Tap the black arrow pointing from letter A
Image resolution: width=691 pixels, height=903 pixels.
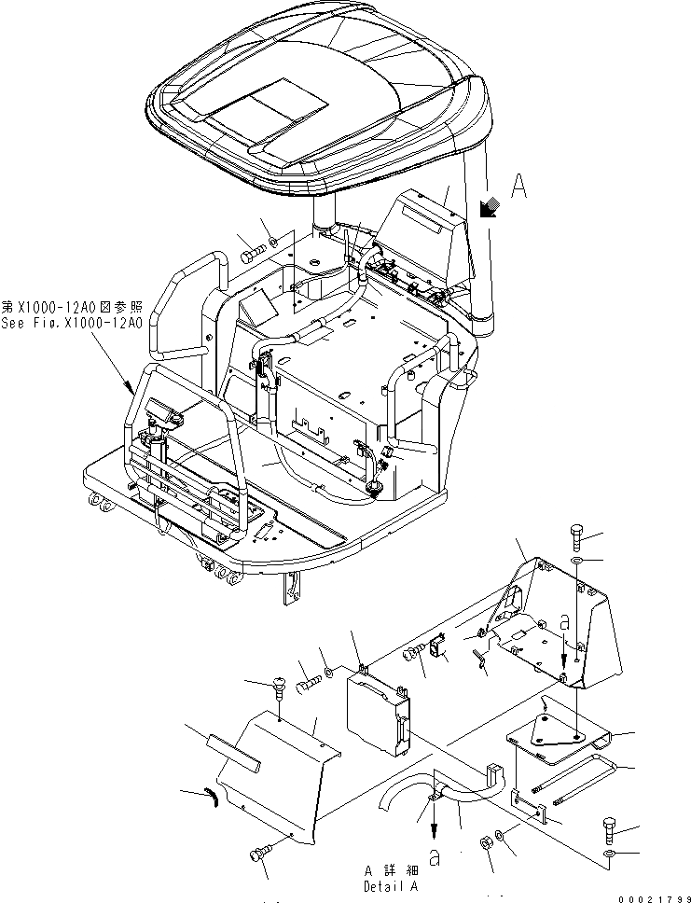pos(486,210)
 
